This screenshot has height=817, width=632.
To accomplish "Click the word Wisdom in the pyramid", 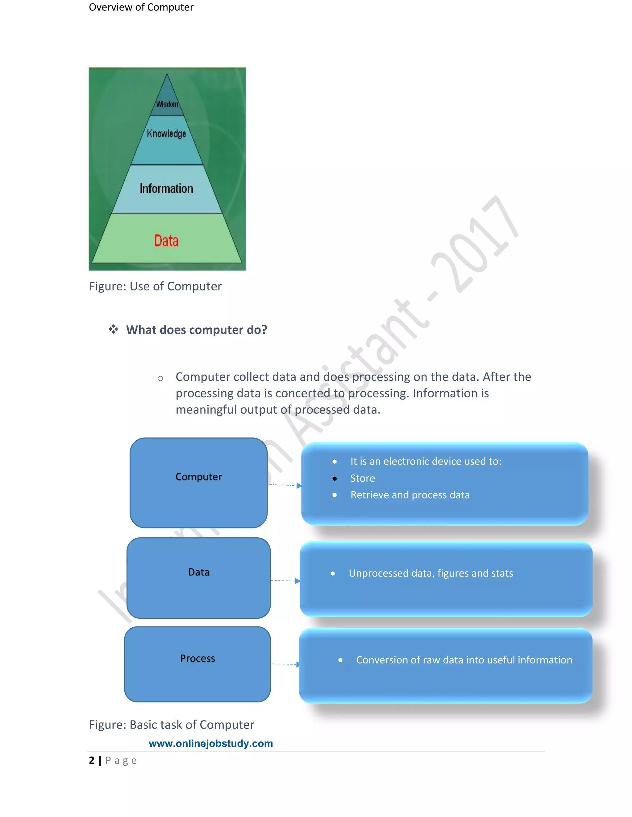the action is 167,104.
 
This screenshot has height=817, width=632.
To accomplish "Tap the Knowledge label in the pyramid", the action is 166,133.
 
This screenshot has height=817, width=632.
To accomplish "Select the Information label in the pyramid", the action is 166,189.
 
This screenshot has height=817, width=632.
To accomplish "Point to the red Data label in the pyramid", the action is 166,240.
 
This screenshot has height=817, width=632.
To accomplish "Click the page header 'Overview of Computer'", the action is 141,7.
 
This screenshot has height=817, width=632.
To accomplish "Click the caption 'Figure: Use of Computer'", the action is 155,286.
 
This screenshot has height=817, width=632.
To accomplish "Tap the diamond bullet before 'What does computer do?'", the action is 113,330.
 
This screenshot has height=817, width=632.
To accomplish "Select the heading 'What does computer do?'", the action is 197,330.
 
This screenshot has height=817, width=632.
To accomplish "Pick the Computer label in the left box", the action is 198,477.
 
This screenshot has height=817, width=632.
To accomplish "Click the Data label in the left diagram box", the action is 198,572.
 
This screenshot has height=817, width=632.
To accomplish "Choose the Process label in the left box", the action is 198,659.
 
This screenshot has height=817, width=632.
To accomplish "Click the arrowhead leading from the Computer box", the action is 299,486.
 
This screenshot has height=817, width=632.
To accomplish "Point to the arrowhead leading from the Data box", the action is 297,581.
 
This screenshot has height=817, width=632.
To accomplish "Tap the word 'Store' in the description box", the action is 362,478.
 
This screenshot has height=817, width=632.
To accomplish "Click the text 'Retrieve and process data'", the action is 410,495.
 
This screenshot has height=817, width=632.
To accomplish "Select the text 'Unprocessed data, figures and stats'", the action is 431,573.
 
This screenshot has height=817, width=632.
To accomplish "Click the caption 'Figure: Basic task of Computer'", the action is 172,725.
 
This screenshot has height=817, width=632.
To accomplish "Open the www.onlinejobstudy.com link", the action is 211,743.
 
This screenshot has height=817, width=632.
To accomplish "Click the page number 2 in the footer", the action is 92,761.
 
